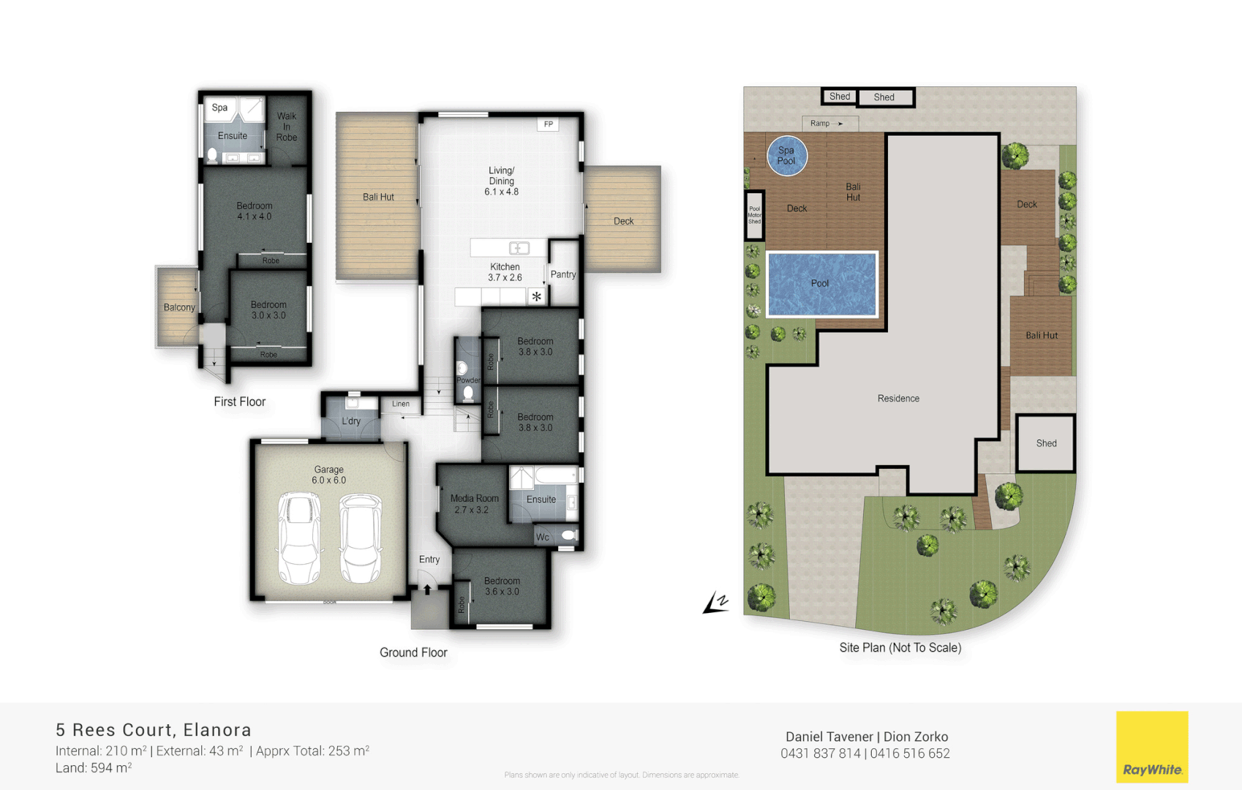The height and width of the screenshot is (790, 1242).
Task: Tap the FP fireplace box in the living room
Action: pos(548,124)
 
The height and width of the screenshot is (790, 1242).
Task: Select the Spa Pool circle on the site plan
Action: pos(787,156)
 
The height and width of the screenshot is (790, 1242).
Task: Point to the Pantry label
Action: pos(563,274)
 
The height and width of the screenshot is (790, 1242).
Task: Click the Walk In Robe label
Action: pos(287,127)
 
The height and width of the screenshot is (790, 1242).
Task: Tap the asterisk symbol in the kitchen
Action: pos(537,296)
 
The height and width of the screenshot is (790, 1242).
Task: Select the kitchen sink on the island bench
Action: pos(519,248)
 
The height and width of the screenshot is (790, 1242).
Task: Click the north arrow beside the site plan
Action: pos(716,603)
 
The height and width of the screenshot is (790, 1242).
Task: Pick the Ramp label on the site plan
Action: pos(820,124)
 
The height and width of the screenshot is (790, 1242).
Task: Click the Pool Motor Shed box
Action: pos(754,215)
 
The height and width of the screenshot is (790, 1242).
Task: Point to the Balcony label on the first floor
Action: pos(179,307)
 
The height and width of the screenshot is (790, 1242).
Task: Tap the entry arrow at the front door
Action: pos(427,589)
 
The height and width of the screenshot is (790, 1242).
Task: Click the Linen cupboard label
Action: pos(401,404)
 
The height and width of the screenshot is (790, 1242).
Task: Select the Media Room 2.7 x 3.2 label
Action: pos(474,504)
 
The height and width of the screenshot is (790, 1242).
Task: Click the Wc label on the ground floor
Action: pos(543,537)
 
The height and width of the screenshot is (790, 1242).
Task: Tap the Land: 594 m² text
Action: pos(94,768)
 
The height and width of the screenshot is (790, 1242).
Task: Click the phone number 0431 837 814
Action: pos(820,753)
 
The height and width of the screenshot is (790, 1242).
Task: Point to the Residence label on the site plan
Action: pos(898,399)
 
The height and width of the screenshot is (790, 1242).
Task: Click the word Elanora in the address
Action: pos(217,730)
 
